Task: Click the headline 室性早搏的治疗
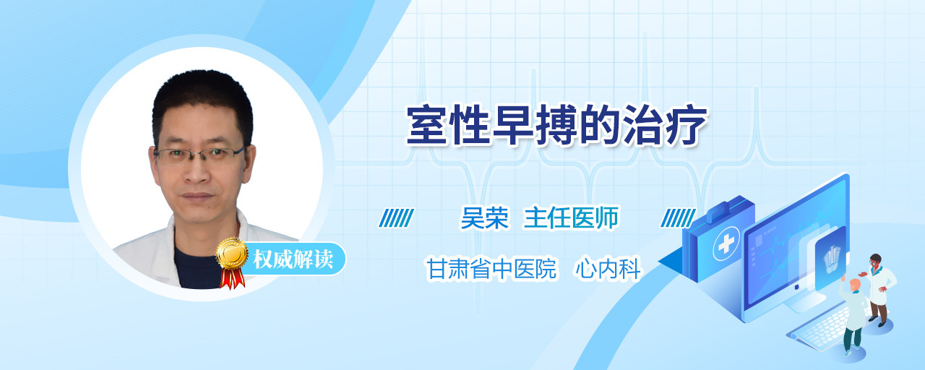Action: (557, 126)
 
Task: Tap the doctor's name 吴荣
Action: (485, 218)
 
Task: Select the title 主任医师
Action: (571, 218)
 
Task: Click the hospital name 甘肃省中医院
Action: (491, 269)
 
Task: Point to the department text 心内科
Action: (608, 269)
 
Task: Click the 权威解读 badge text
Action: (293, 259)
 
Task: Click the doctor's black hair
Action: (202, 99)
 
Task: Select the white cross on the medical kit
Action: (726, 244)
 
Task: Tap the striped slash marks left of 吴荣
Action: (397, 218)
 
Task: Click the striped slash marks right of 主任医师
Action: (678, 218)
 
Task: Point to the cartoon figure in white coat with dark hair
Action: (879, 290)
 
